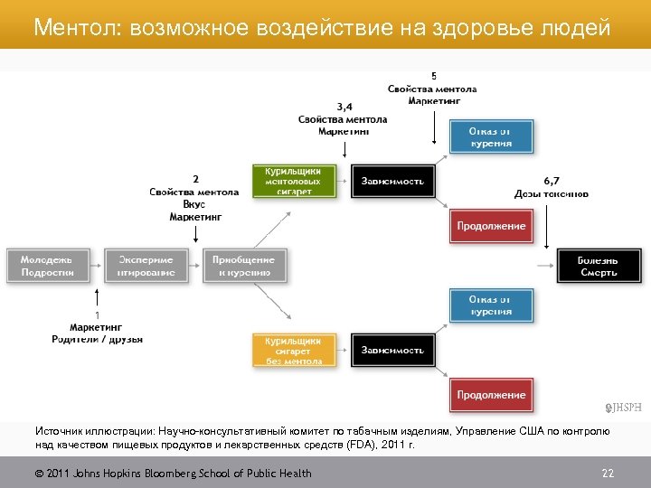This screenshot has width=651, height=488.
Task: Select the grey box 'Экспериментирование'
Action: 140,266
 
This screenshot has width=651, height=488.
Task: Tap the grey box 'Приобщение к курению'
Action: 243,266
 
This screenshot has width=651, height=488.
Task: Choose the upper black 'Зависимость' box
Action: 392,181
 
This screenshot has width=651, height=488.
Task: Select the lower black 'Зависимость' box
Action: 392,350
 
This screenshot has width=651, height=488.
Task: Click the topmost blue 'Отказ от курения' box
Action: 491,136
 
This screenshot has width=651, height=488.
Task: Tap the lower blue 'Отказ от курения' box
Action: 491,305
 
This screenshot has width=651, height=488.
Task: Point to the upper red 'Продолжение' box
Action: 491,225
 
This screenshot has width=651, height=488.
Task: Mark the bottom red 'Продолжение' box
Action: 491,395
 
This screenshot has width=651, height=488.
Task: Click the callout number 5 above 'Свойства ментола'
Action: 433,76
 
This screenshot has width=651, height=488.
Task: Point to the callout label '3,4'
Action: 344,106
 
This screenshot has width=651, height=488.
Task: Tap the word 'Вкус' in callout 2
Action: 194,204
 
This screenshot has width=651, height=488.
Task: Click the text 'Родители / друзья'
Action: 97,339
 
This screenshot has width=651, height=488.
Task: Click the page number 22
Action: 608,474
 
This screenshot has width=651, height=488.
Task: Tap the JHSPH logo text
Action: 624,408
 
